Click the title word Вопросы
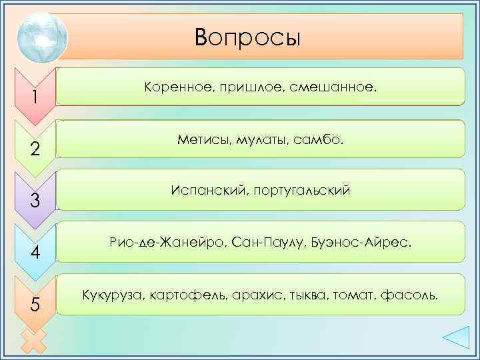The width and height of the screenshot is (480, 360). coord(248,37)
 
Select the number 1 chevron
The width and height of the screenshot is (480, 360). coord(33,97)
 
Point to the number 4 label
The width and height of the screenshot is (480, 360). coord(36,253)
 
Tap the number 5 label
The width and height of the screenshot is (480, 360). coord(35,305)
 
